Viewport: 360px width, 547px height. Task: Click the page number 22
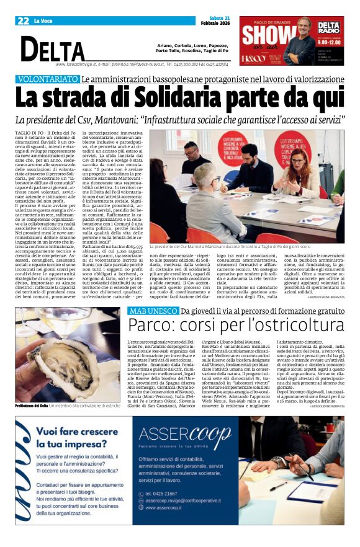(24, 21)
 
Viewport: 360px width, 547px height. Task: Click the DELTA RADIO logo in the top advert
(328, 28)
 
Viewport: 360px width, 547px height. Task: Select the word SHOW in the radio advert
(266, 35)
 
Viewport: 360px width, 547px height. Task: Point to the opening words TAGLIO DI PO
(29, 133)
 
